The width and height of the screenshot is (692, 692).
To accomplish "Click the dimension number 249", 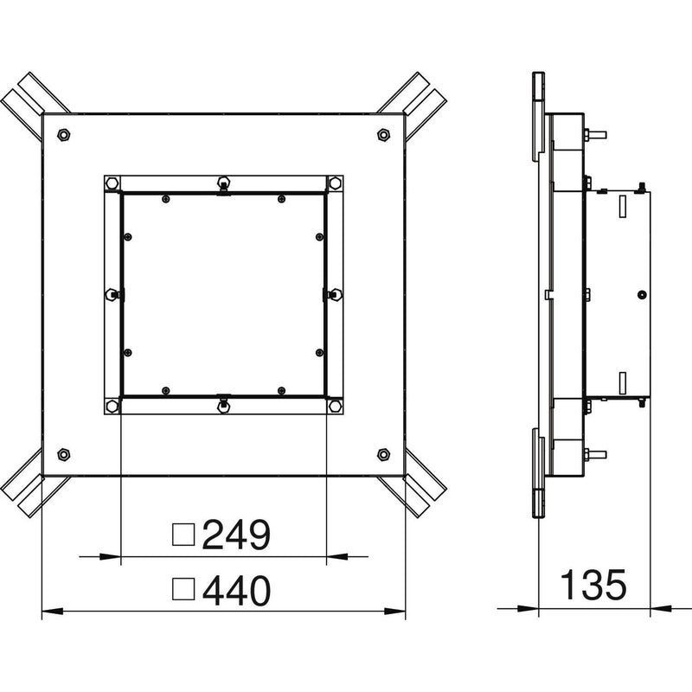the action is [x=236, y=535].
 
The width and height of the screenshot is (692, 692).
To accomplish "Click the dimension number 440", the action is [x=236, y=590].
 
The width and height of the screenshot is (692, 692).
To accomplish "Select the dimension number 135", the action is [x=593, y=585].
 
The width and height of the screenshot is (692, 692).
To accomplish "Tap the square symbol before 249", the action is [x=183, y=535].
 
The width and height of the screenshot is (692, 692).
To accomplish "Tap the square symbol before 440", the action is [x=183, y=589].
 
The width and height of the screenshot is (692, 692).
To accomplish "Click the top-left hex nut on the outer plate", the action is [x=64, y=135].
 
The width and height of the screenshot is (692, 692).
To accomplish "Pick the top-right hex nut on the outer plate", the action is [x=383, y=135].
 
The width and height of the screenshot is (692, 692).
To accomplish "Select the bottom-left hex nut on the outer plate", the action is [x=64, y=454].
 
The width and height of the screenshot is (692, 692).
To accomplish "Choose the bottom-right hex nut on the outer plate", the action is [x=383, y=454].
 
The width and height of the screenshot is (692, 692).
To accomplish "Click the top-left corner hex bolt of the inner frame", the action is [x=112, y=183].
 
